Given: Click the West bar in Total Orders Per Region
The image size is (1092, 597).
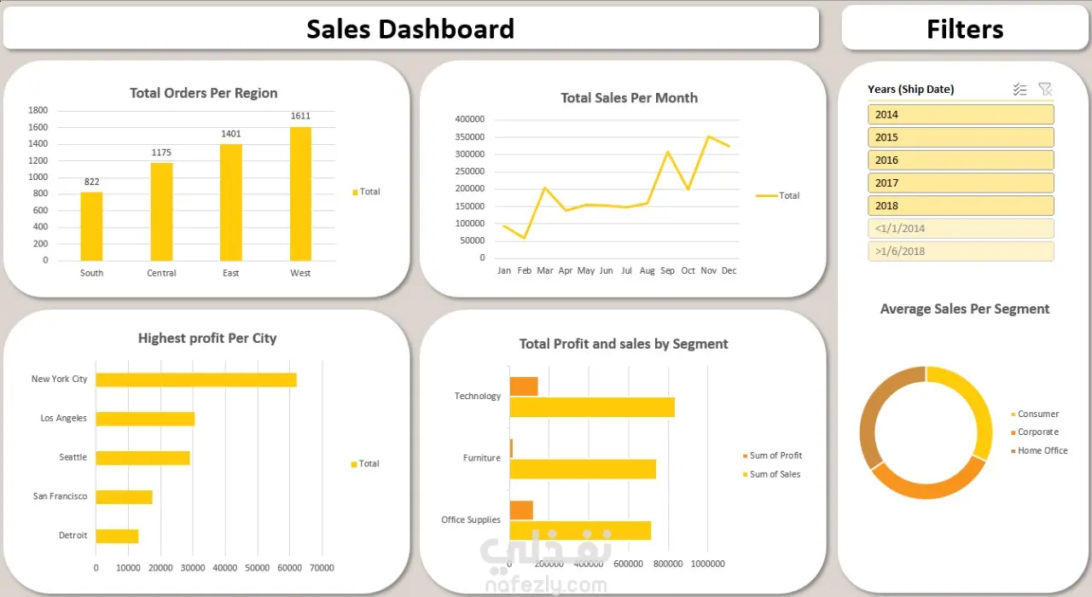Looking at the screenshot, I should pyautogui.click(x=300, y=194).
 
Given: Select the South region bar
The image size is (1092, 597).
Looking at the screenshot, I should pyautogui.click(x=91, y=226).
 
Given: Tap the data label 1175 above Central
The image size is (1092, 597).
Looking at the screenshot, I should pyautogui.click(x=161, y=153).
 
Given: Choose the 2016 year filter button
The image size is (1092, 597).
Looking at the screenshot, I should pyautogui.click(x=961, y=160).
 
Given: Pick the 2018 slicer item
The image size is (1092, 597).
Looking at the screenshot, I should pyautogui.click(x=961, y=206).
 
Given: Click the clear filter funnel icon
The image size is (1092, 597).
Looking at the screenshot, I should pyautogui.click(x=1045, y=90).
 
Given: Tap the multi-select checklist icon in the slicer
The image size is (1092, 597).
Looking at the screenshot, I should pyautogui.click(x=1019, y=90).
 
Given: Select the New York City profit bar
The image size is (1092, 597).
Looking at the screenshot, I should pyautogui.click(x=196, y=380).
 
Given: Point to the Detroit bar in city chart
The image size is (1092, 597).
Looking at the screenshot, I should pyautogui.click(x=117, y=536).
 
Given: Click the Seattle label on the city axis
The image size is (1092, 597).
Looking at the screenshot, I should pyautogui.click(x=73, y=457).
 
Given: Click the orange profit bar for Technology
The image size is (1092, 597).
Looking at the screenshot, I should pyautogui.click(x=524, y=386).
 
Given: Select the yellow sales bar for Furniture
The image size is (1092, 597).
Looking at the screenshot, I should pyautogui.click(x=583, y=469).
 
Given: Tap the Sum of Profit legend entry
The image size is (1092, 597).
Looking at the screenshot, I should pyautogui.click(x=775, y=455).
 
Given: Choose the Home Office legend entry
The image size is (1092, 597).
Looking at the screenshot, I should pyautogui.click(x=1042, y=450).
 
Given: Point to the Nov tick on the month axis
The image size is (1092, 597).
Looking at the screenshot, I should pyautogui.click(x=708, y=270).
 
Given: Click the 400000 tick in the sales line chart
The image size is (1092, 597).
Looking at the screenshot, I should pyautogui.click(x=470, y=119).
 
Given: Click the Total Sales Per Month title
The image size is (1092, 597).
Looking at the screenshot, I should pyautogui.click(x=629, y=98).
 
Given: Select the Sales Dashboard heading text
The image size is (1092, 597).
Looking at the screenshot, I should pyautogui.click(x=410, y=29).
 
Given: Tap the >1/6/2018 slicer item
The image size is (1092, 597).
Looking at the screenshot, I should pyautogui.click(x=961, y=252).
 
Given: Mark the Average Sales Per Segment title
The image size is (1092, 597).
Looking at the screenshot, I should pyautogui.click(x=964, y=309).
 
